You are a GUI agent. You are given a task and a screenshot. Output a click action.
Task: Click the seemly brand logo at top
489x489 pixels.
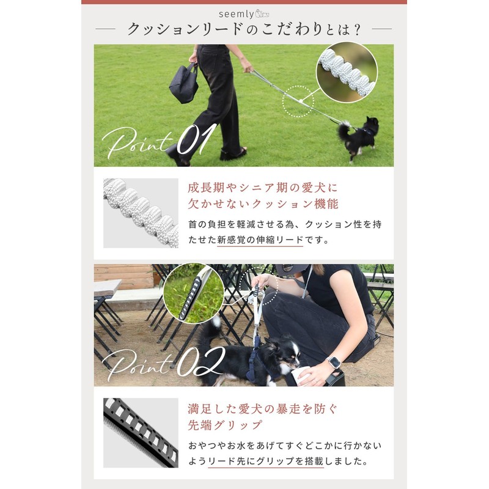244,13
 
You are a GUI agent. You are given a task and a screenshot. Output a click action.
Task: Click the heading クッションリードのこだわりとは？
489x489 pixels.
243,29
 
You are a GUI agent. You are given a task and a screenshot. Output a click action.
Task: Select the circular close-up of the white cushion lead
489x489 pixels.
347,72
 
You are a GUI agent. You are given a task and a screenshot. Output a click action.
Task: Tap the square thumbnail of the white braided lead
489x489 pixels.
141,213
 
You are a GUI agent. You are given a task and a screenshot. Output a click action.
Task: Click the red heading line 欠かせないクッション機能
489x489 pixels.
263,204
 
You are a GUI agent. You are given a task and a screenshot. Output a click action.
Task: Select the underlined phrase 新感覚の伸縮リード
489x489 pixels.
260,240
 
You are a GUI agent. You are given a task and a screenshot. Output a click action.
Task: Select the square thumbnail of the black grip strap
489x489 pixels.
141,433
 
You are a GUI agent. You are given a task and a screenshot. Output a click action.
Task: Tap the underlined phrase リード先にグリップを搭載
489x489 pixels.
265,461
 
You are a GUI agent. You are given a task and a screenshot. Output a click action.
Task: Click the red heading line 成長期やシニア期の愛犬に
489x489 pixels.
263,186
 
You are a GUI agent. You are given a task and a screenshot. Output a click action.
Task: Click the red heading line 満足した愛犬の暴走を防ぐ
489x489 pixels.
263,407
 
